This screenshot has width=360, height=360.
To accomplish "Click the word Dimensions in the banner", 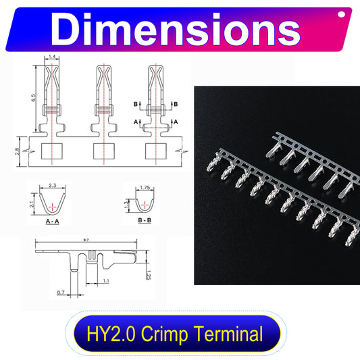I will click(x=177, y=30).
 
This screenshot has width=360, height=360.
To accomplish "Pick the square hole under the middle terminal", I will click(x=105, y=152).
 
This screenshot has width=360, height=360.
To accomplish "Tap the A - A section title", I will click(x=52, y=221).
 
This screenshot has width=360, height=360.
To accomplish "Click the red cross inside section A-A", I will click(x=52, y=203).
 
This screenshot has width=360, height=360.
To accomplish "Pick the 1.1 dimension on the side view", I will click(x=106, y=280).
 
